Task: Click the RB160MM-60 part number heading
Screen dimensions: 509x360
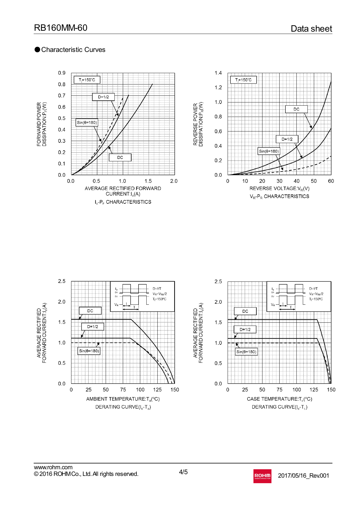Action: [x=61, y=28]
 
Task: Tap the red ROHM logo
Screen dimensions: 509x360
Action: [x=262, y=476]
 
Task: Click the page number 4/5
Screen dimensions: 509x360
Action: [x=183, y=472]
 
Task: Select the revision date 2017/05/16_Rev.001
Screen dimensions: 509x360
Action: [x=303, y=476]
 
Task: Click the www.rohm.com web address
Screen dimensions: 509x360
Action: [x=53, y=467]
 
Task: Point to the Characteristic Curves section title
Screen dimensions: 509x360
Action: [x=73, y=50]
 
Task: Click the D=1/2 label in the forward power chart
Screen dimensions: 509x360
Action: [x=103, y=97]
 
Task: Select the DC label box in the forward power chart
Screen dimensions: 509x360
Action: [x=120, y=157]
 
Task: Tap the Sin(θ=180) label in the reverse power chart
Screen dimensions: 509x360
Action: [x=269, y=151]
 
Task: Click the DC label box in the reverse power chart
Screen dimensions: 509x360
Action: [x=296, y=109]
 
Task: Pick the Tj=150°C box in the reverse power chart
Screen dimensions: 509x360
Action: [x=243, y=80]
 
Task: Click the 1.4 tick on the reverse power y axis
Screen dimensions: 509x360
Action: [x=218, y=73]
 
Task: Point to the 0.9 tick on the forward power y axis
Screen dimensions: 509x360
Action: [x=62, y=73]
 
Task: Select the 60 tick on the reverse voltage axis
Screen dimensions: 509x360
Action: [x=331, y=181]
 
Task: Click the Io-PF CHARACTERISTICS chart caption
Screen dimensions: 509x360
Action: [x=123, y=202]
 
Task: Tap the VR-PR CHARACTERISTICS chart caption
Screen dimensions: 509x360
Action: [x=279, y=196]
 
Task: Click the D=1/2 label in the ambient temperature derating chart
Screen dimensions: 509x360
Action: [x=93, y=327]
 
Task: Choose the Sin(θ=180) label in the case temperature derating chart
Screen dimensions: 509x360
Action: [x=246, y=352]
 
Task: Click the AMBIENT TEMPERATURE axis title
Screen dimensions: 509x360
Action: [x=123, y=399]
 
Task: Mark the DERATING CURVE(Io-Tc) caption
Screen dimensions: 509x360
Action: [x=279, y=407]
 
